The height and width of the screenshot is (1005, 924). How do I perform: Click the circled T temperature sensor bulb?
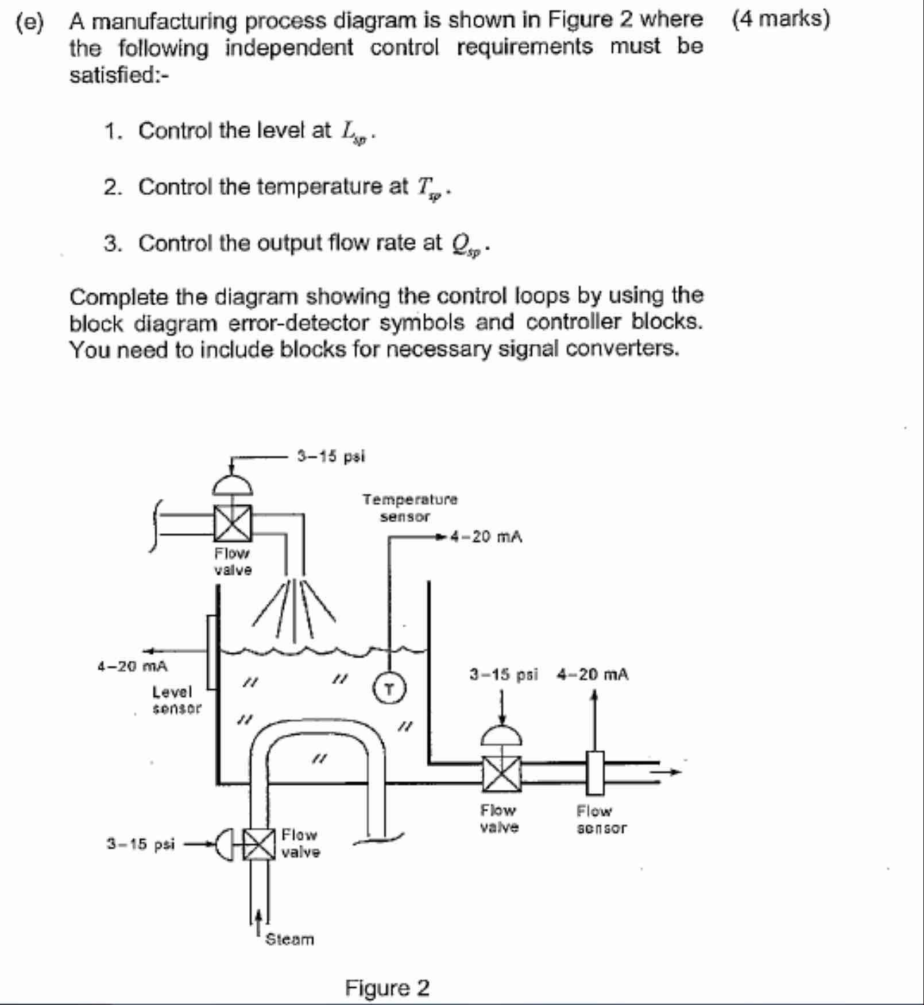[390, 689]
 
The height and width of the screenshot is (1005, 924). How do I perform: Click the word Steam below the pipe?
[289, 940]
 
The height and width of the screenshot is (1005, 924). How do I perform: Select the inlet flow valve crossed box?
[233, 523]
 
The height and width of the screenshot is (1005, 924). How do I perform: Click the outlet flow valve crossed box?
[502, 774]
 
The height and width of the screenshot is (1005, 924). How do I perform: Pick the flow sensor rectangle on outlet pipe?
[595, 773]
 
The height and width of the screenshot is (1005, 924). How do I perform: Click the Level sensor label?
[176, 700]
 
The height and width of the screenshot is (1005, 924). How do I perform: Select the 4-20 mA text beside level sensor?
[132, 666]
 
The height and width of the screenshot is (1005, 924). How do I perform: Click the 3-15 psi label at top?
[331, 457]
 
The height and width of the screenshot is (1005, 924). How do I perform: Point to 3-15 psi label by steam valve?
[141, 844]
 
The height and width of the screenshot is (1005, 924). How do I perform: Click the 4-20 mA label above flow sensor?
[592, 674]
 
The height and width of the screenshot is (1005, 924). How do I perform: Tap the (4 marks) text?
[780, 19]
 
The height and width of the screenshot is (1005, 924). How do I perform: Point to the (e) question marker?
[29, 22]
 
